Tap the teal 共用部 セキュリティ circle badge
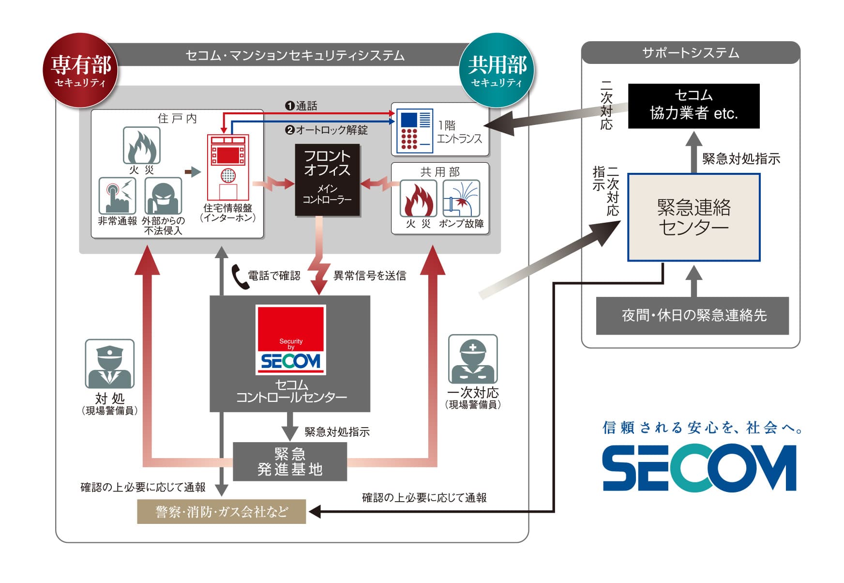pos(497,70)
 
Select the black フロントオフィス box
pos(327,180)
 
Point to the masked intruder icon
pos(164,196)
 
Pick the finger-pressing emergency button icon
pos(117,196)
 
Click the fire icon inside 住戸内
pos(141,145)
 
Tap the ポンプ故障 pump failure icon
pos(461,199)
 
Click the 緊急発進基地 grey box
pos(290,461)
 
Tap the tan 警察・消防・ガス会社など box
pos(222,511)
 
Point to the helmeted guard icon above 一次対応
pos(473,359)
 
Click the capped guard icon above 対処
pos(110,363)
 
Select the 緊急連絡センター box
pos(693,217)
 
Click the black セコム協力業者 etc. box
pos(693,106)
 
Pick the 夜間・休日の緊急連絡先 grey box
pos(692,316)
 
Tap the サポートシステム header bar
pos(691,53)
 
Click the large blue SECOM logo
pos(699,468)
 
